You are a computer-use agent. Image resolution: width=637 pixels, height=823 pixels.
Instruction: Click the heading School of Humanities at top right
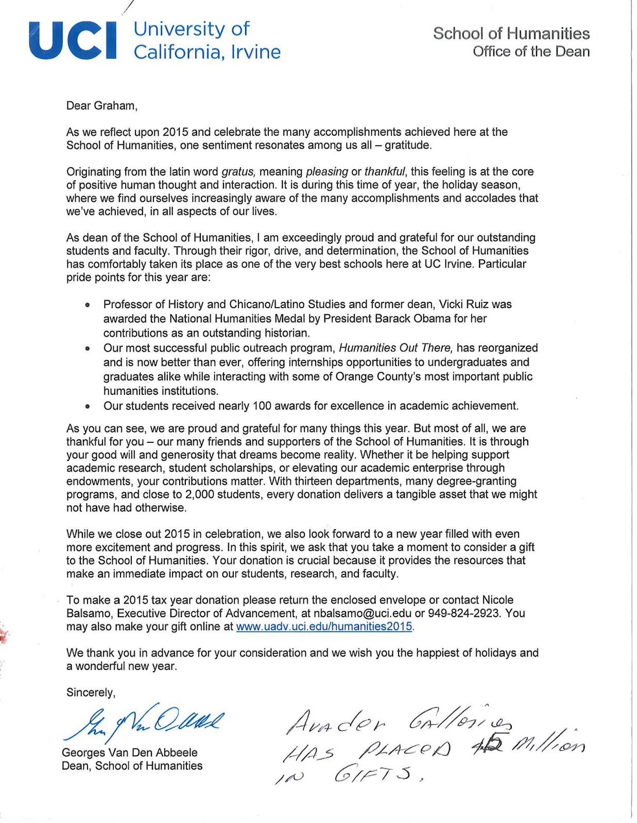tap(511, 33)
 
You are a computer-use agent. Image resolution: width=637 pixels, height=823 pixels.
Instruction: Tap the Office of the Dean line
tap(531, 51)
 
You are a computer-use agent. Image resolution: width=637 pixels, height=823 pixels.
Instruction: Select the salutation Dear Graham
tap(102, 105)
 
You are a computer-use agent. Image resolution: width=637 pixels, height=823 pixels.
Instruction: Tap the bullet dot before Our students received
tap(88, 406)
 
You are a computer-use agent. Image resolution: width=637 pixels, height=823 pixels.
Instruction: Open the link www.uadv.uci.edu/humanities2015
tap(324, 627)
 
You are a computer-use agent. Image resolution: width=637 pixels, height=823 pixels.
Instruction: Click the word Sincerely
tap(91, 692)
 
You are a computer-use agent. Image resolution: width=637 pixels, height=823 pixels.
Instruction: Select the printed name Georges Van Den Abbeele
tap(129, 753)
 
